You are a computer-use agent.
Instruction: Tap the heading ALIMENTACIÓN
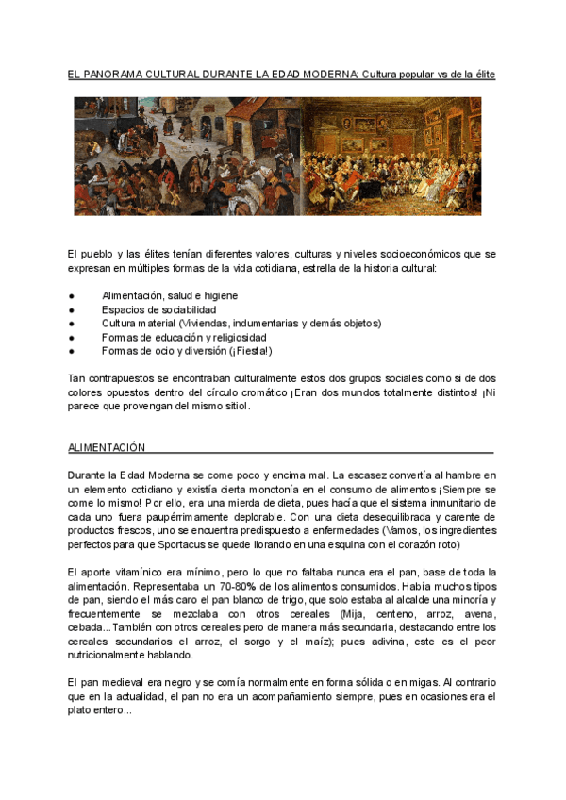107,447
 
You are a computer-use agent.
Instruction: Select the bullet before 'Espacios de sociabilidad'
72,309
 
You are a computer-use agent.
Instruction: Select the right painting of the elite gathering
391,156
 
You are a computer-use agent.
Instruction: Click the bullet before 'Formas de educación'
72,337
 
